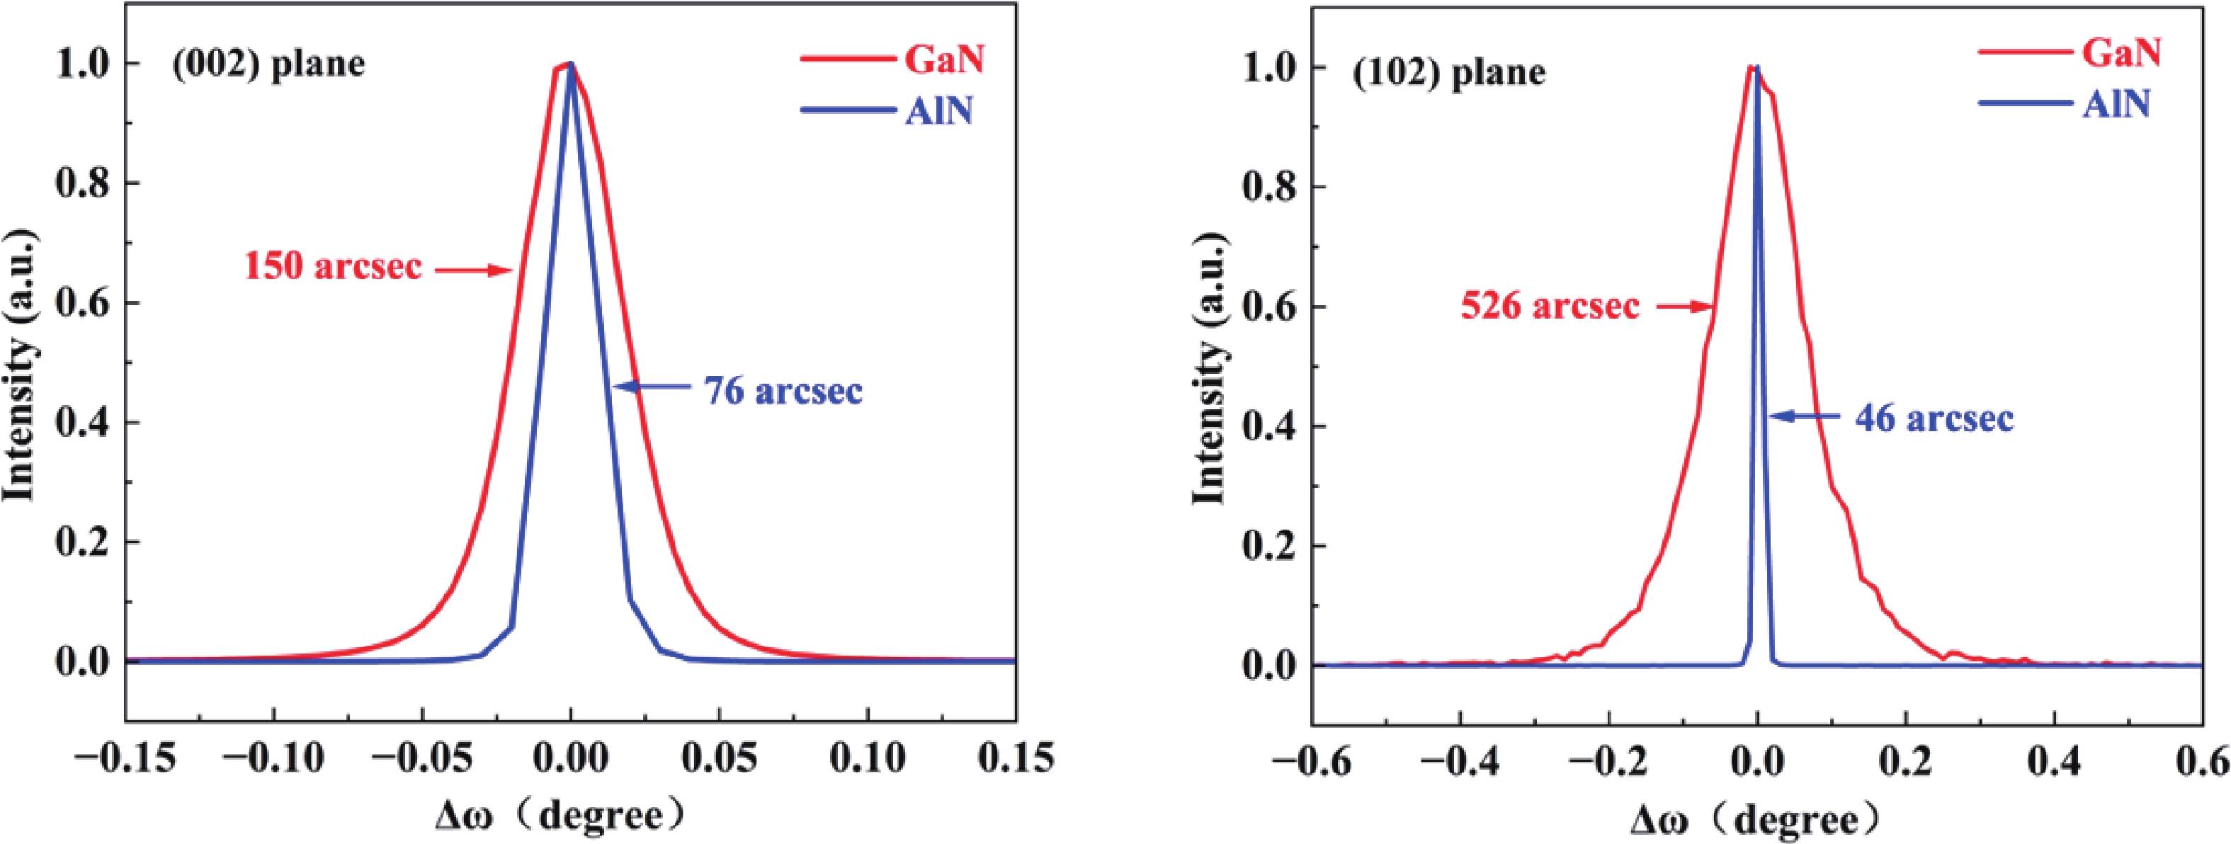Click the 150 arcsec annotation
point(333,266)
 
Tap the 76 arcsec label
point(783,390)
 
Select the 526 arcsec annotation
point(1550,307)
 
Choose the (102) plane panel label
point(1449,73)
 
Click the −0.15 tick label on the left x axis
point(125,760)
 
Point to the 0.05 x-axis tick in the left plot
point(719,760)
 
